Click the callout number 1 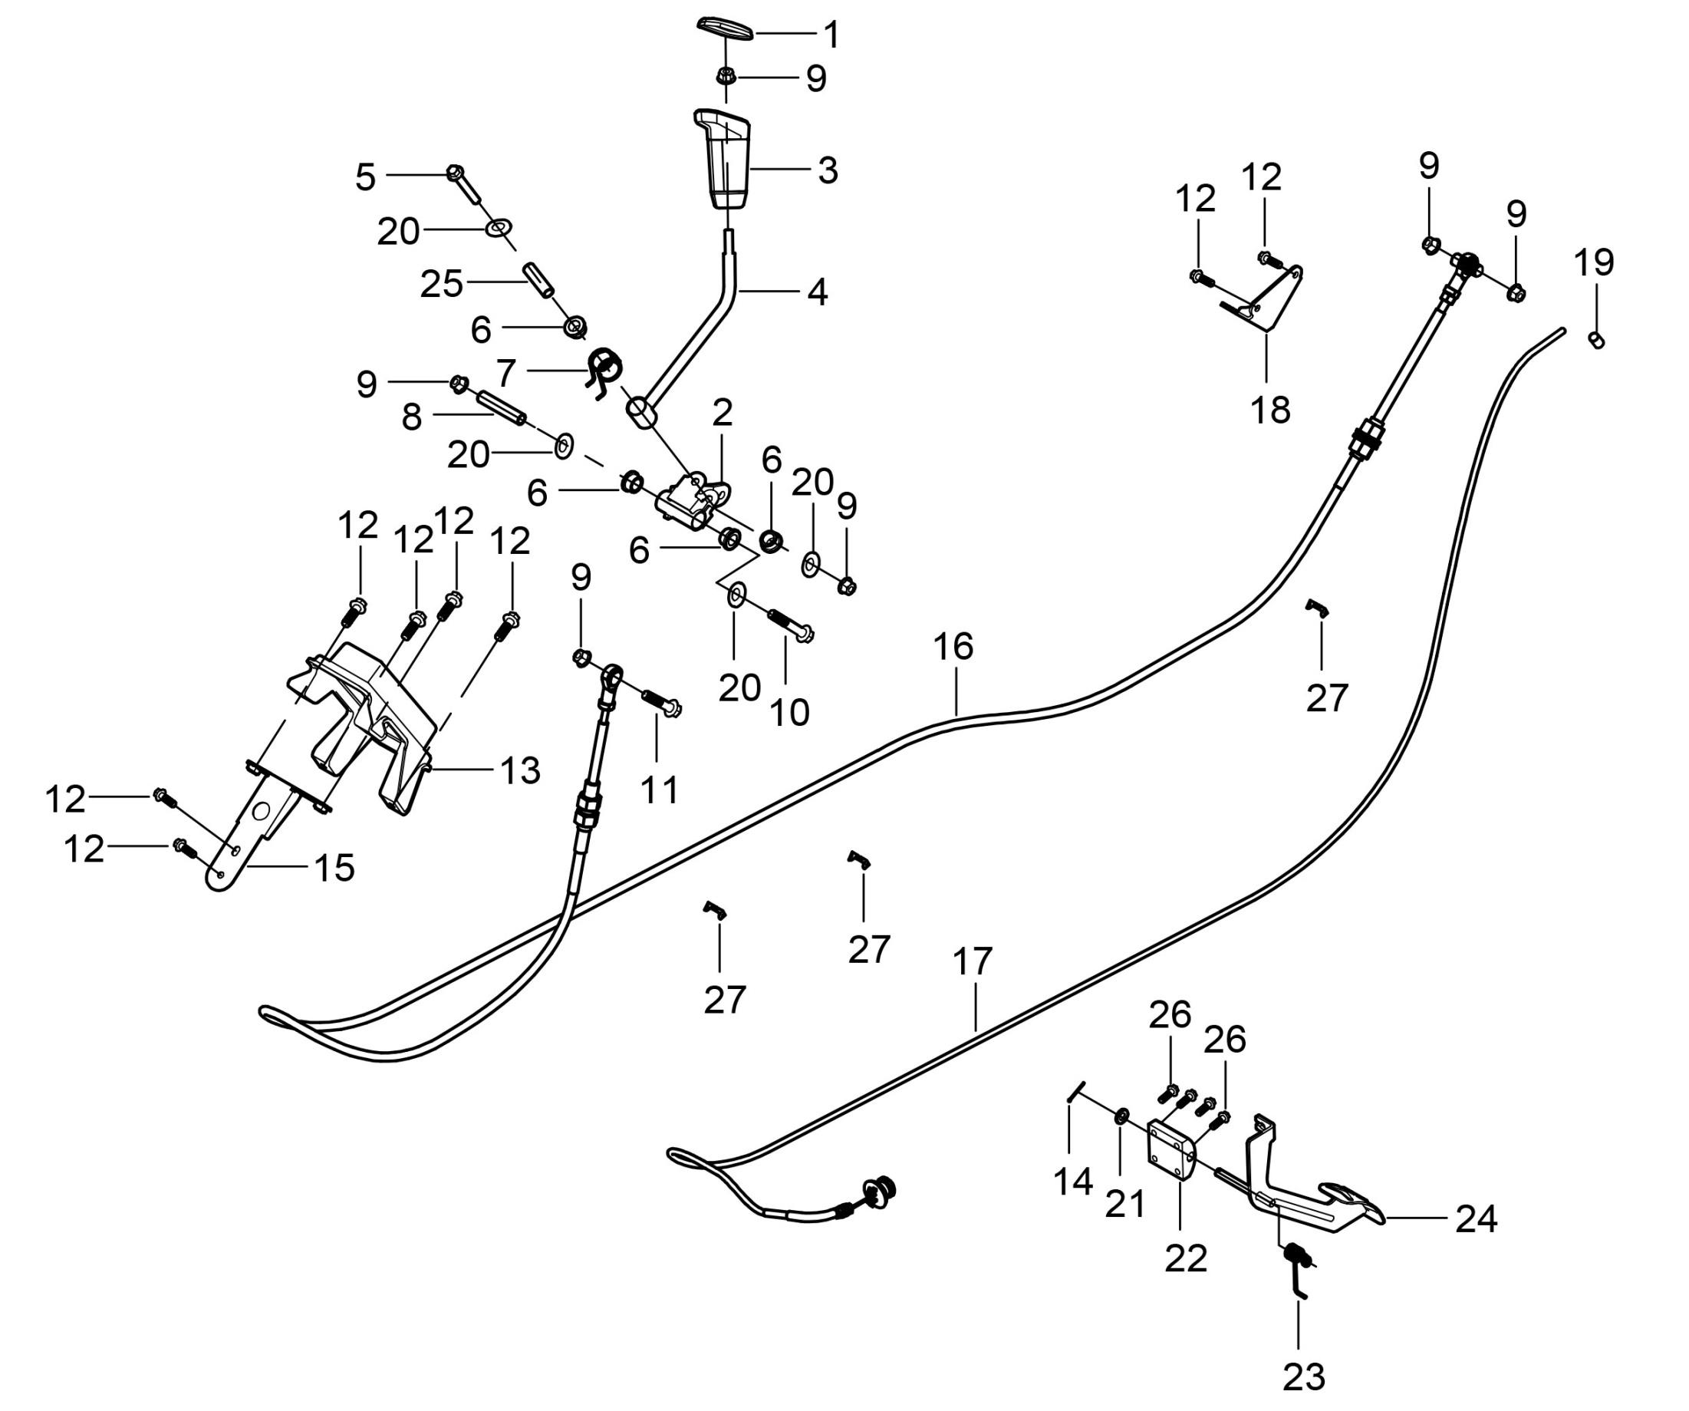[831, 35]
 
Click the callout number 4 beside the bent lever [817, 292]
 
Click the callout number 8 [412, 417]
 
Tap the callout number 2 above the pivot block [723, 413]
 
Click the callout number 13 [520, 770]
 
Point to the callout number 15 [334, 867]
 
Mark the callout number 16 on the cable [953, 647]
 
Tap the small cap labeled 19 [1597, 341]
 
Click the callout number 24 [1476, 1219]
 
